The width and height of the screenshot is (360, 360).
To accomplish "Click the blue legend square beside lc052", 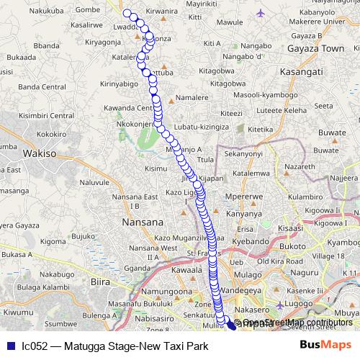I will pos(9,346).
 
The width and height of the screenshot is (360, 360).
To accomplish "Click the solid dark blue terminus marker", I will pos(231,325).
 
